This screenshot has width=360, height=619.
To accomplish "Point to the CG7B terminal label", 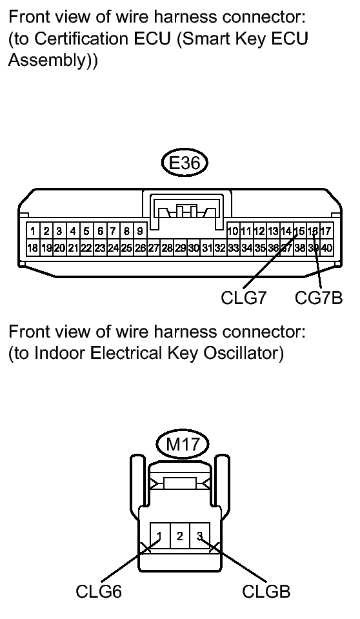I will click(319, 298).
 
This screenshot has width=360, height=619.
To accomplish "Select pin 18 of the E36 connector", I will click(32, 248).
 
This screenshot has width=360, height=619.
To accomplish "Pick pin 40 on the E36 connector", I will click(327, 248).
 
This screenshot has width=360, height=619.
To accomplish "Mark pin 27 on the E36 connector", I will click(154, 248).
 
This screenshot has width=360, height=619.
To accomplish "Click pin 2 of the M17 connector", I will click(180, 536).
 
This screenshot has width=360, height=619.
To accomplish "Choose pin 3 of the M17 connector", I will click(200, 536).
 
